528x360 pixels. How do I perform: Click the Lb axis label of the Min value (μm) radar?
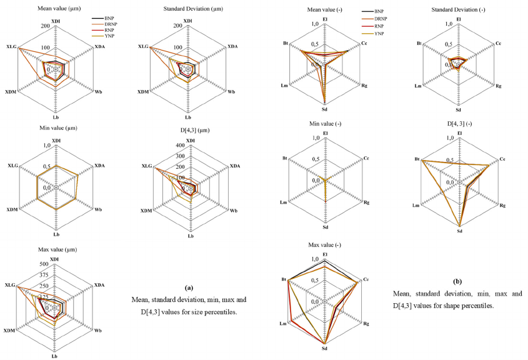(x=56, y=234)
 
